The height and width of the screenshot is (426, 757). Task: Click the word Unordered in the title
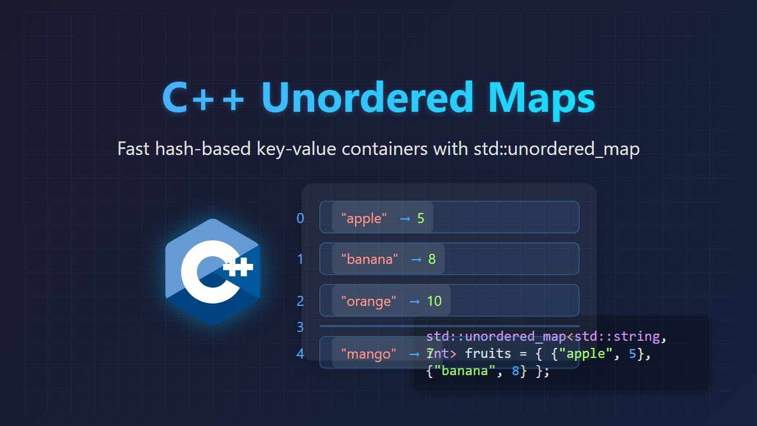coord(367,97)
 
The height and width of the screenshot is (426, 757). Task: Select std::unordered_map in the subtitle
coord(557,149)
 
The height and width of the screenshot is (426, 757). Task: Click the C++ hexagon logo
coord(212,272)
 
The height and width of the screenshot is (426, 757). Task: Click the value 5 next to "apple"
coord(421,218)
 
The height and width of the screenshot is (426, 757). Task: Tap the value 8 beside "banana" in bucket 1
coord(432,259)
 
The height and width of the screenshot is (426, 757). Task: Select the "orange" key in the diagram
coord(369,301)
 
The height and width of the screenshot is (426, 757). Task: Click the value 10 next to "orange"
coord(434,301)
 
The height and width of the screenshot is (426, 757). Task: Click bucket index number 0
coord(300,218)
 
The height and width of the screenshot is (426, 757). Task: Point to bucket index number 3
coord(300,327)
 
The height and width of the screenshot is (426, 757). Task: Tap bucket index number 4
coord(300,354)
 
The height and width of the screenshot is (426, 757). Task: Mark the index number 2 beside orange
coord(300,301)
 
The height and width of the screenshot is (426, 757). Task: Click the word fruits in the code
coord(488,354)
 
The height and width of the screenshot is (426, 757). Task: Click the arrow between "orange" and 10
coord(415,301)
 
